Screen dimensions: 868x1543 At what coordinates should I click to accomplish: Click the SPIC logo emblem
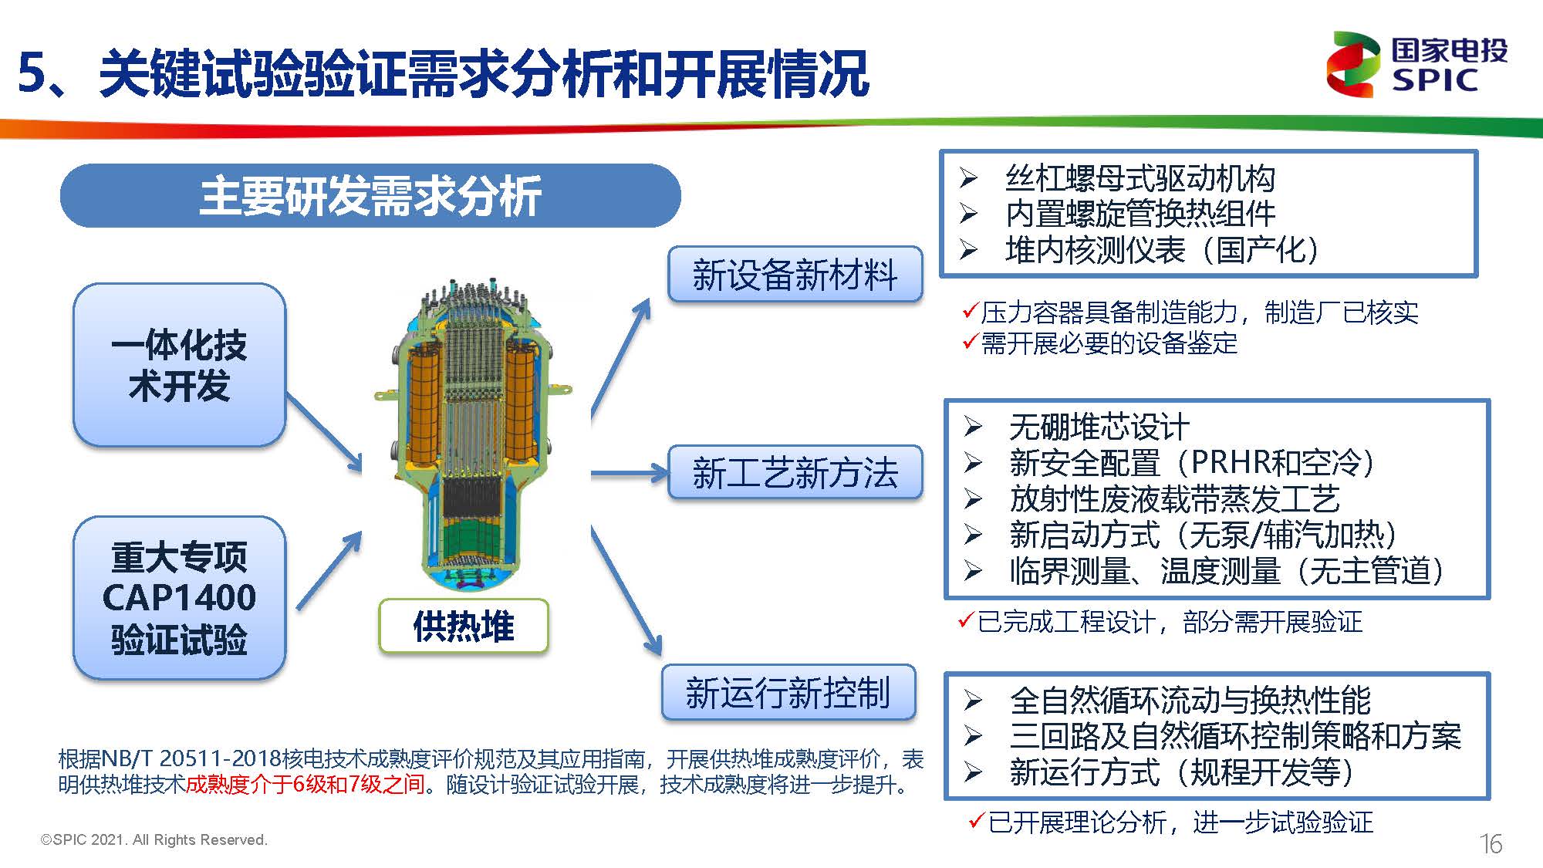tap(1352, 65)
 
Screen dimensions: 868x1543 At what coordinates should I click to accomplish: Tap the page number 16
tap(1491, 843)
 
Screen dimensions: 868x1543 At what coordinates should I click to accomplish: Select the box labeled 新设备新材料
tap(795, 275)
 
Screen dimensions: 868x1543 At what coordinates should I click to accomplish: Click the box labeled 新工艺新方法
tap(795, 472)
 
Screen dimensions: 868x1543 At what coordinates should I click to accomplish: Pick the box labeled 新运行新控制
tap(788, 692)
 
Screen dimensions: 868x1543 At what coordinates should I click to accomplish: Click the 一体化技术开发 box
tap(179, 365)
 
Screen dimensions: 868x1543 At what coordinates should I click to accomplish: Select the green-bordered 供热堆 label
tap(463, 626)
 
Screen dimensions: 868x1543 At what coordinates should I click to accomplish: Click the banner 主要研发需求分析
tap(370, 195)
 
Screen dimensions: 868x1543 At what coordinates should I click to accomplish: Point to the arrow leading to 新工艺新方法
tap(629, 472)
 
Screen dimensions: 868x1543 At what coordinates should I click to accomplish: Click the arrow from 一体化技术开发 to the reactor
tap(324, 432)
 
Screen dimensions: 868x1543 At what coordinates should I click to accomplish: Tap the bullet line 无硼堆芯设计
tap(1099, 427)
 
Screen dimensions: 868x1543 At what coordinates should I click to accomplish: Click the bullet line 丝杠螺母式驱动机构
tap(1140, 178)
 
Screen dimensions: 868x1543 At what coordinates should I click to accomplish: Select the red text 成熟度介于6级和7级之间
tap(306, 785)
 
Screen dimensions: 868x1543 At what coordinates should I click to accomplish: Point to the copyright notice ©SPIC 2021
tap(154, 839)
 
